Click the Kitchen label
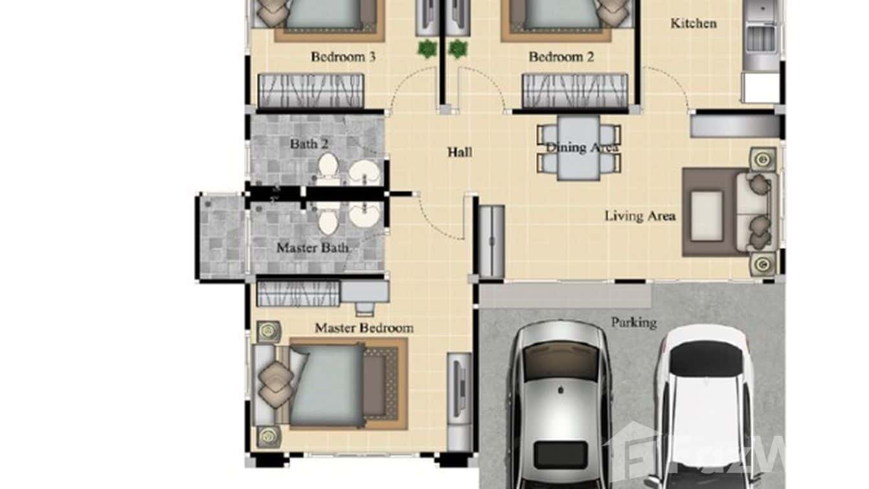pyautogui.click(x=693, y=23)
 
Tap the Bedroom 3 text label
pyautogui.click(x=343, y=57)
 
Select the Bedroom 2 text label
pyautogui.click(x=561, y=57)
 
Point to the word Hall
pyautogui.click(x=460, y=152)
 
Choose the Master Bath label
pyautogui.click(x=312, y=248)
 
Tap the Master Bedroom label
pyautogui.click(x=364, y=328)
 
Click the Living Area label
pyautogui.click(x=640, y=216)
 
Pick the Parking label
pyautogui.click(x=633, y=322)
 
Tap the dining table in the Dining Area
pyautogui.click(x=578, y=149)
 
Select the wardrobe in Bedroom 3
pyautogui.click(x=311, y=91)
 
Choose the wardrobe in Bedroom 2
pyautogui.click(x=575, y=91)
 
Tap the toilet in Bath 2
pyautogui.click(x=328, y=165)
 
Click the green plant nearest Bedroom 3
pyautogui.click(x=427, y=49)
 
